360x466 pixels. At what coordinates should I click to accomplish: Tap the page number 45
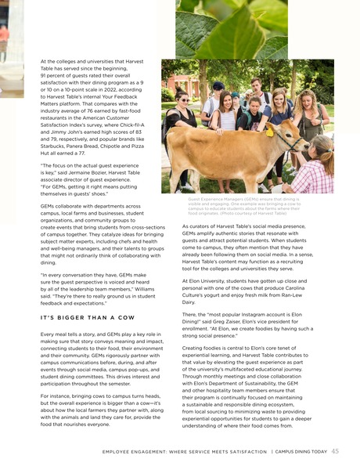(335, 450)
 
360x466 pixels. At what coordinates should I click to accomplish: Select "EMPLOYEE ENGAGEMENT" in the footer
(145, 451)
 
